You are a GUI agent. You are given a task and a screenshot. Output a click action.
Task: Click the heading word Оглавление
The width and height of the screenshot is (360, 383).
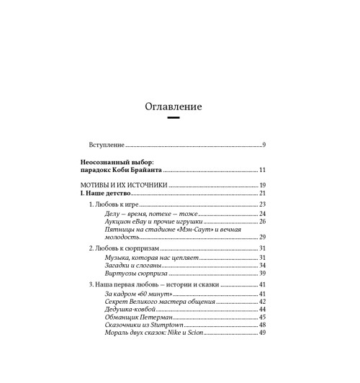point(173,106)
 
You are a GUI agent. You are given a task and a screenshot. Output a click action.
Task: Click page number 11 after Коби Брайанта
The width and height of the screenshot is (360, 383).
point(263,171)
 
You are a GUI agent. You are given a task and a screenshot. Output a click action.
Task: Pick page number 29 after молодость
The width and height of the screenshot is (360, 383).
point(263,237)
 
